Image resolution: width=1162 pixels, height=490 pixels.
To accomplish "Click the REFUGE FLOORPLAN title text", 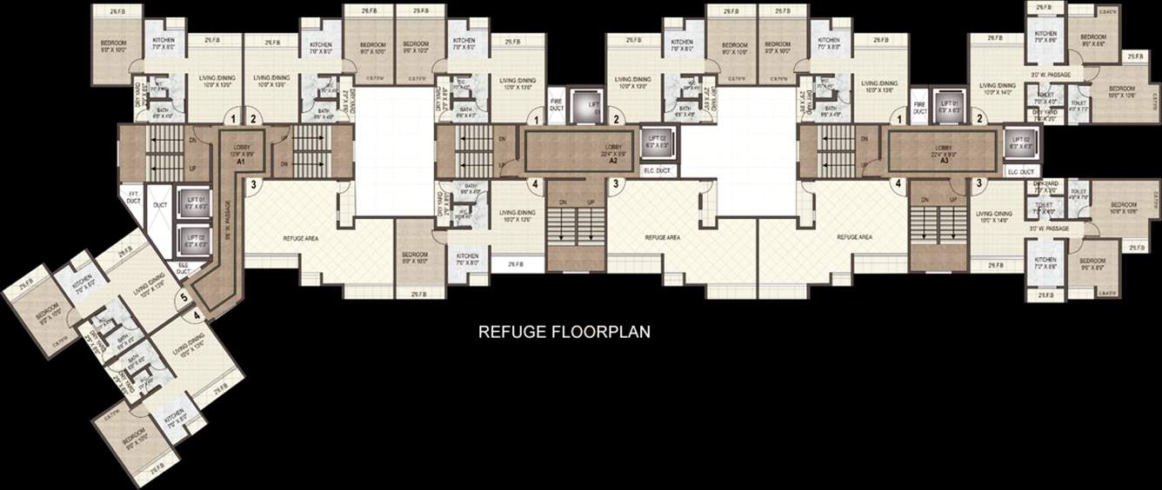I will pyautogui.click(x=564, y=331).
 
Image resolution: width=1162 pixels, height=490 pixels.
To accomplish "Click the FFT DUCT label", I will pyautogui.click(x=133, y=196).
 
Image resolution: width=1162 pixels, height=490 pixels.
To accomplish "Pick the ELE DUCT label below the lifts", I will pyautogui.click(x=184, y=268).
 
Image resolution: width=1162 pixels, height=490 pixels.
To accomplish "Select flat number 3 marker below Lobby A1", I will pyautogui.click(x=253, y=183).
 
